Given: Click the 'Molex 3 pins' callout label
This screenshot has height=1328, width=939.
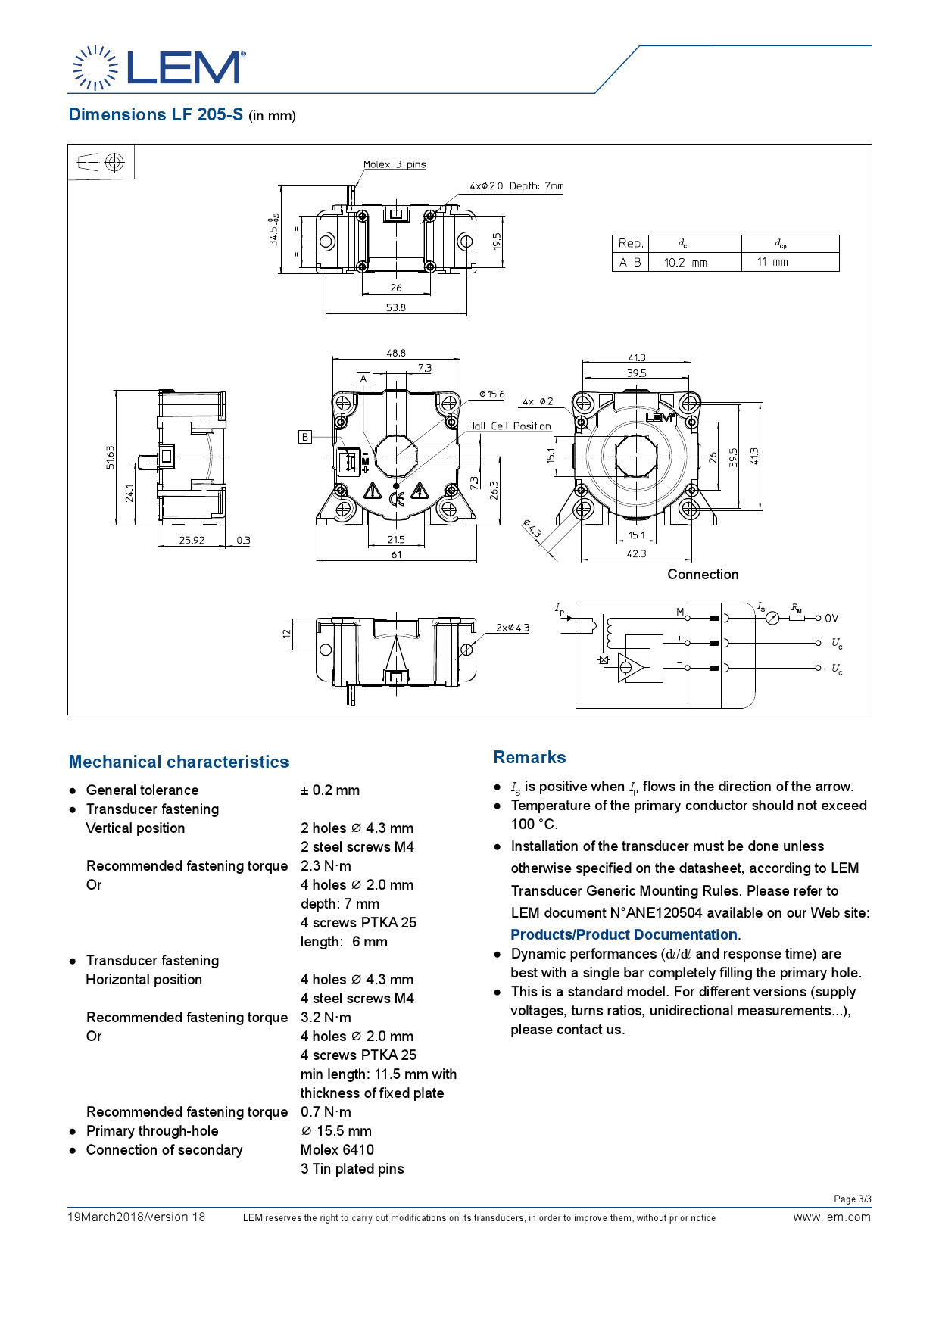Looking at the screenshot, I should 394,164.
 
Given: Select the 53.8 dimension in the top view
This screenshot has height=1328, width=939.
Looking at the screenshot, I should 395,307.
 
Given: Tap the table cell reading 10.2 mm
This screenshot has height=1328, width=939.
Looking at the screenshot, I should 685,263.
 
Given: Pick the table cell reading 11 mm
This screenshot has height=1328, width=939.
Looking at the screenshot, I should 772,262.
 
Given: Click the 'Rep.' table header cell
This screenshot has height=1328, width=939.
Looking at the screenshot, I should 630,244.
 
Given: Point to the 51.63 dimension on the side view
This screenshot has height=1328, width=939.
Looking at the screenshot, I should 111,457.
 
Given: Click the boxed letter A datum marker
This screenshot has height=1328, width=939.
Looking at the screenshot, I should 363,379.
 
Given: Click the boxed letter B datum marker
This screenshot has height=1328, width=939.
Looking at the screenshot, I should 305,437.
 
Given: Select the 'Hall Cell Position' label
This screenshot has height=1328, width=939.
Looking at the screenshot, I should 509,426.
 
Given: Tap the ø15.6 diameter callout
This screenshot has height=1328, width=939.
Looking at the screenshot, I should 492,394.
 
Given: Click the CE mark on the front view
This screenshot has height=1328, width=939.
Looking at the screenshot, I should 396,498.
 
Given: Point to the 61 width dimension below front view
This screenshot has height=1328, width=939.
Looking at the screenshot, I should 396,555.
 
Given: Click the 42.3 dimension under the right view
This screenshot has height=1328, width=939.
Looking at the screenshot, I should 636,554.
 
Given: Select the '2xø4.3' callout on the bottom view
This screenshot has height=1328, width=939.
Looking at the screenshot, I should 513,628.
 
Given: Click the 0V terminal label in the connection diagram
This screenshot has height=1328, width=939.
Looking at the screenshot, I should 831,619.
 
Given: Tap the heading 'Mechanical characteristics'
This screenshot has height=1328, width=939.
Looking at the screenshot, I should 179,762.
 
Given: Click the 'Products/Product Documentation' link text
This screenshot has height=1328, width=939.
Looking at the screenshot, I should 623,935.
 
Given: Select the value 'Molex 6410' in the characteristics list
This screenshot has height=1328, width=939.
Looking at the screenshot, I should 337,1149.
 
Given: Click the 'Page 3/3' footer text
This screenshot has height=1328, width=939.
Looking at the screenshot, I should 852,1199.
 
